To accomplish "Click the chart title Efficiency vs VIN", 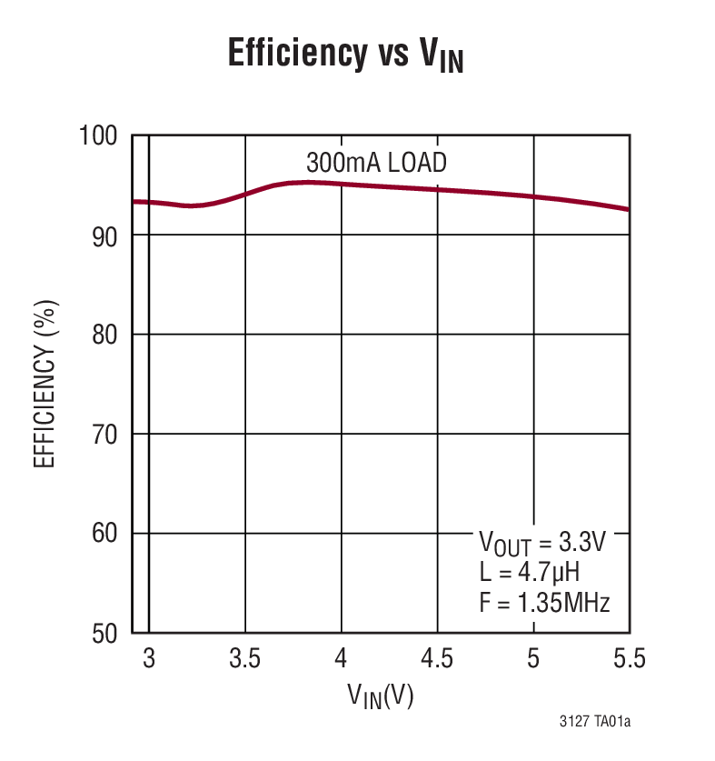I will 345,56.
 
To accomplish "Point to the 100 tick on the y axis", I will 100,136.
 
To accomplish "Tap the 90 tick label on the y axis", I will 106,235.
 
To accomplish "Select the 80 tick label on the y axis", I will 106,335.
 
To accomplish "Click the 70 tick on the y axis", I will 106,435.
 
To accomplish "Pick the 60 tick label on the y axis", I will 106,534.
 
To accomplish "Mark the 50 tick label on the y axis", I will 106,633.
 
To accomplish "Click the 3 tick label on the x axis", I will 149,659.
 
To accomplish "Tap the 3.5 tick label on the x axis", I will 245,659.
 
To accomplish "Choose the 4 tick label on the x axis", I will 342,659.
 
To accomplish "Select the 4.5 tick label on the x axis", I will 438,659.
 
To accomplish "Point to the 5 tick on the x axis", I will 534,659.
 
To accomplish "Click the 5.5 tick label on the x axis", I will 626,659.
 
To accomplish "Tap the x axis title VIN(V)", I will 381,697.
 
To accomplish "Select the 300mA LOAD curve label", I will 376,164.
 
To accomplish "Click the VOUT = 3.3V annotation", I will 541,545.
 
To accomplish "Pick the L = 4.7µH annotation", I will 529,573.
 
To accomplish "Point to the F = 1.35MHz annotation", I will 543,602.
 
